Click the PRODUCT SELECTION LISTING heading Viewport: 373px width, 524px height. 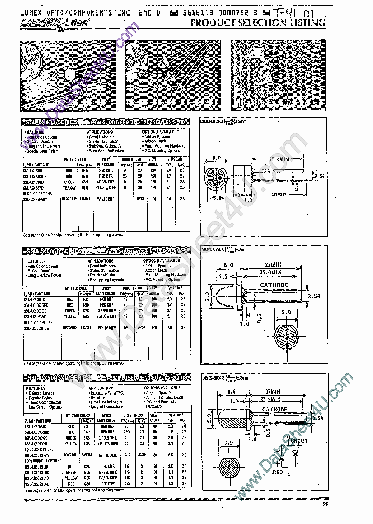258,23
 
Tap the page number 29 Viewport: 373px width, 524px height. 325,505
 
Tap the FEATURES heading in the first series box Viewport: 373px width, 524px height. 34,132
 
